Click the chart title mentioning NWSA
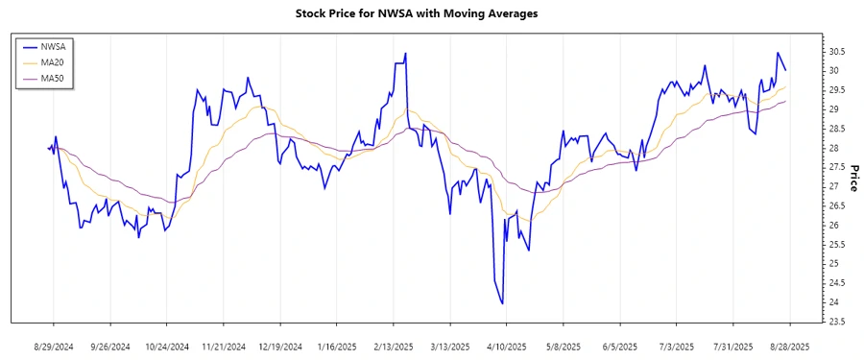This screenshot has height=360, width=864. click(431, 14)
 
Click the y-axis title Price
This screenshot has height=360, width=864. click(852, 178)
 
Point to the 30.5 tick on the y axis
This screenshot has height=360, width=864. click(836, 52)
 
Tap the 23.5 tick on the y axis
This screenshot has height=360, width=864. click(836, 322)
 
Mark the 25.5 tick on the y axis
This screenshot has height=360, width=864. click(836, 245)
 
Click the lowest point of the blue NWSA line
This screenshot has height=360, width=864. click(503, 303)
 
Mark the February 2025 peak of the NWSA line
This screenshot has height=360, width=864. click(406, 53)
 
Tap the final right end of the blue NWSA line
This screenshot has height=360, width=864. click(786, 70)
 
